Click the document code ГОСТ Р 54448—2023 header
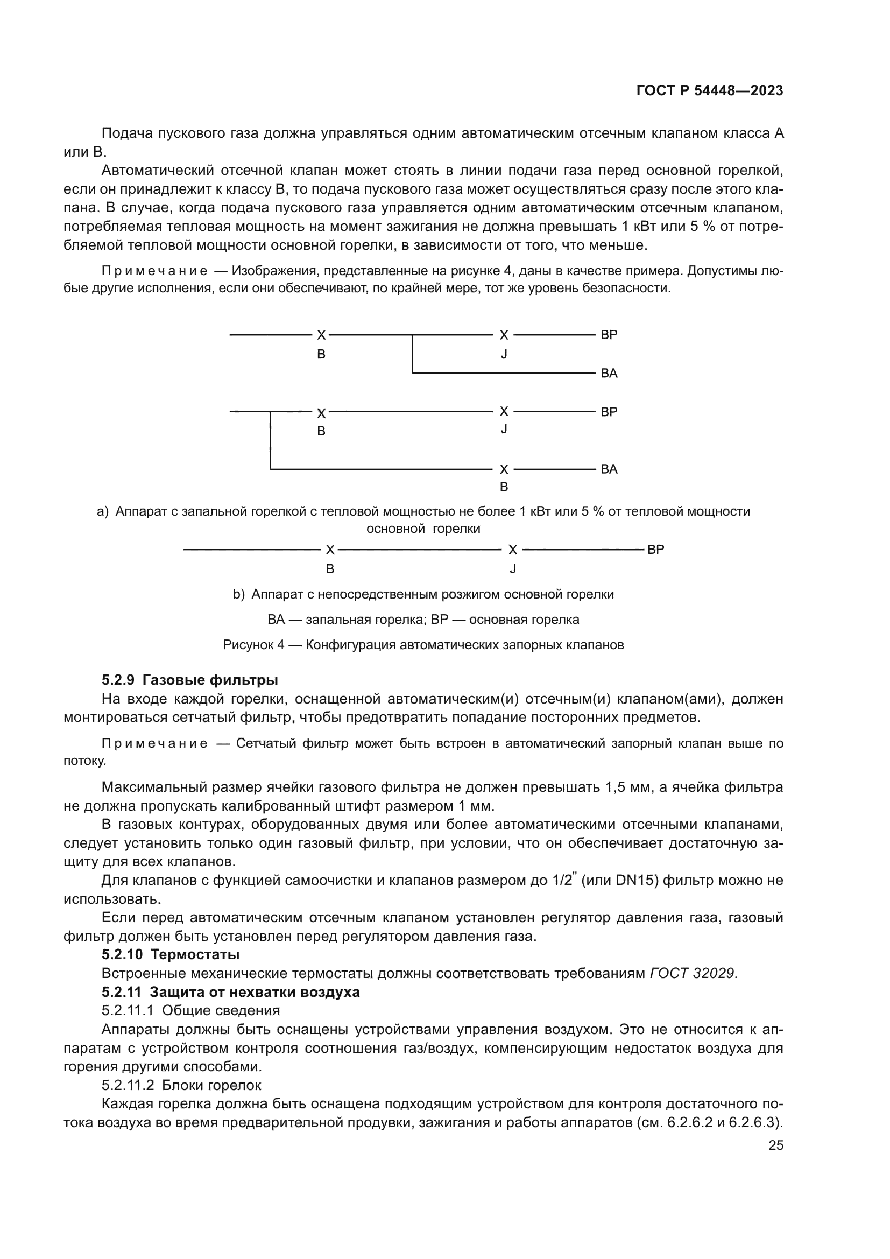[709, 91]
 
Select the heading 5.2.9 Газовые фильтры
[189, 680]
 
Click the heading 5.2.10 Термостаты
[171, 954]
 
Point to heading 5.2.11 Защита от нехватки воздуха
[230, 992]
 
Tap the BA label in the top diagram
[609, 374]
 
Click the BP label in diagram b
[655, 550]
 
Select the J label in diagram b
[512, 569]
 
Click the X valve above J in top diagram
[504, 335]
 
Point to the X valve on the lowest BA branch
[504, 469]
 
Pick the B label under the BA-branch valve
[504, 487]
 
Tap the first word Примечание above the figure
[154, 271]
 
